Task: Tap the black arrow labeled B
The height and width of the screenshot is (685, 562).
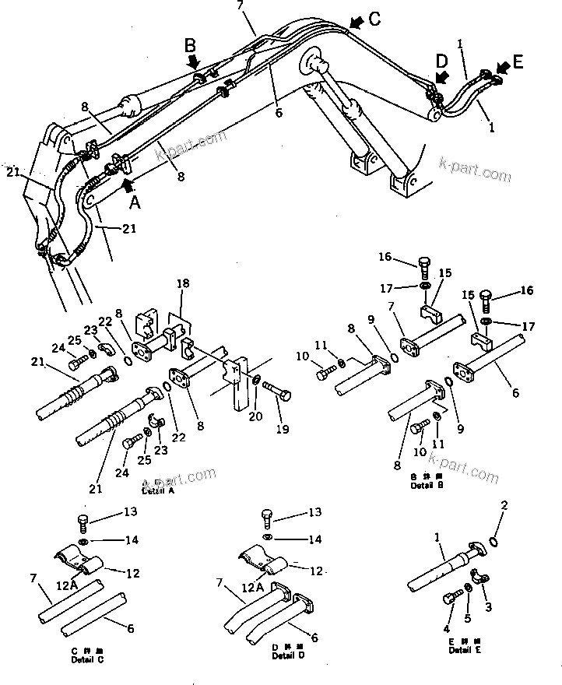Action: click(194, 59)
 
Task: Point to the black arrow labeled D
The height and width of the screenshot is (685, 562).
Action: click(442, 76)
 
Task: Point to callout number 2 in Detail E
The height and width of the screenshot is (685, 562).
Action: click(504, 507)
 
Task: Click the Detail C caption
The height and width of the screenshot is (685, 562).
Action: click(83, 655)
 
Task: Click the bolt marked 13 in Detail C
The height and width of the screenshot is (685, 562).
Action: click(85, 521)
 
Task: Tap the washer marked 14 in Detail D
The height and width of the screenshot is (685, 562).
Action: click(267, 538)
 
